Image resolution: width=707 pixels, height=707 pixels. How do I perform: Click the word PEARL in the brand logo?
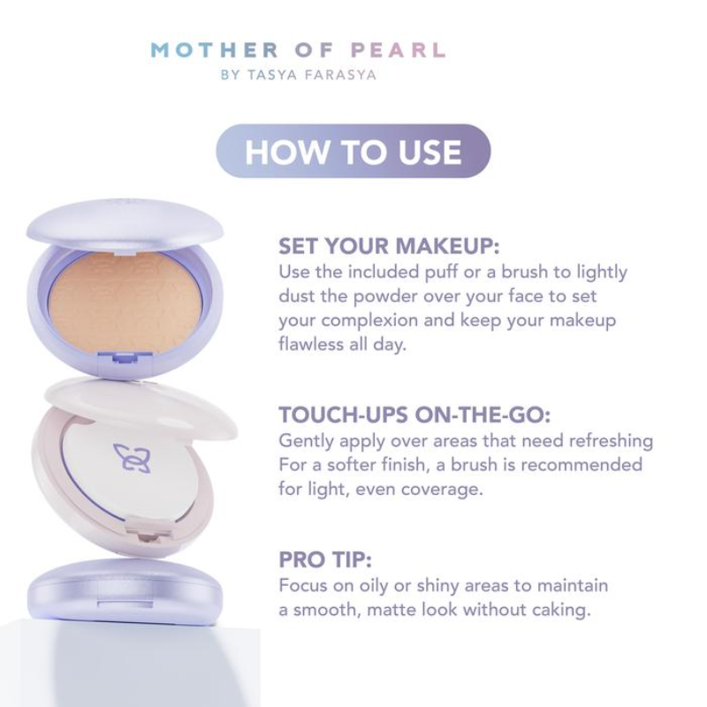[399, 50]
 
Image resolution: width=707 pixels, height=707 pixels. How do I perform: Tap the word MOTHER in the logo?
[215, 50]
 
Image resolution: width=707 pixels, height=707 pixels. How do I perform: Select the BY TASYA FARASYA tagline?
[299, 75]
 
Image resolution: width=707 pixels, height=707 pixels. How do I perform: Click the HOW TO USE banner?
[353, 151]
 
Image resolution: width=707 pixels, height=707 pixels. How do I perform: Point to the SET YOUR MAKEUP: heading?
[389, 247]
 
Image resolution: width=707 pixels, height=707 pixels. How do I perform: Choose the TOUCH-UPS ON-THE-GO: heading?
[414, 414]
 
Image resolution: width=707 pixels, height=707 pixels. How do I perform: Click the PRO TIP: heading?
[325, 559]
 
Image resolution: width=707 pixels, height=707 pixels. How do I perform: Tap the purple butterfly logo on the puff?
[132, 458]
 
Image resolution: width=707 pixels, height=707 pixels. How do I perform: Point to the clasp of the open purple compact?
[125, 358]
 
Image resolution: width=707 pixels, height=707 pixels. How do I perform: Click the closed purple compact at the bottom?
[125, 589]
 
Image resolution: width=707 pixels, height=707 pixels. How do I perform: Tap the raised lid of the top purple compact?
[125, 224]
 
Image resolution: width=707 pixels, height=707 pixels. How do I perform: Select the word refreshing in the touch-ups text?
[611, 441]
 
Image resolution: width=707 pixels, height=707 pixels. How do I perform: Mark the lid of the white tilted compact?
[141, 408]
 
